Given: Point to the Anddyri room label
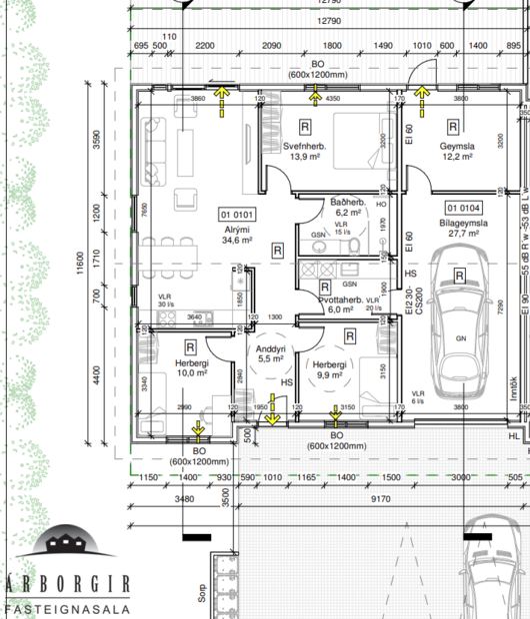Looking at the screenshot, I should pyautogui.click(x=272, y=348).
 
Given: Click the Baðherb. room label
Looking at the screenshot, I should pyautogui.click(x=347, y=203).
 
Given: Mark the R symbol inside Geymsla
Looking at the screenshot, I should pyautogui.click(x=453, y=127).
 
